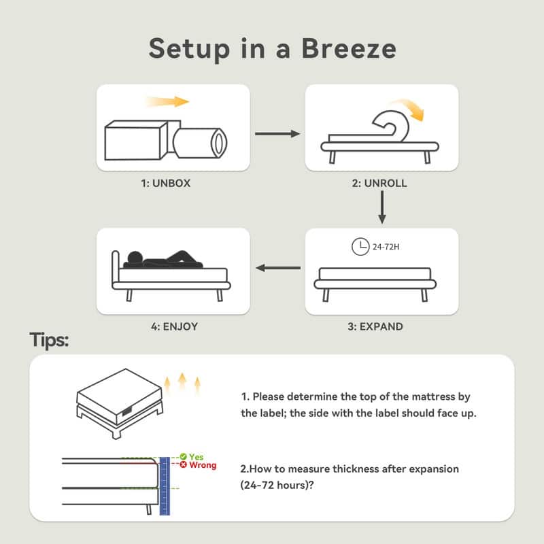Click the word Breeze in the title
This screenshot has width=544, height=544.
coord(349,48)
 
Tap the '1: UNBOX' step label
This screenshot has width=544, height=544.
coord(166,183)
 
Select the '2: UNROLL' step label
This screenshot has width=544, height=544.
coord(379,183)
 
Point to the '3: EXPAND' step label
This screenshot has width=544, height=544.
coord(375,326)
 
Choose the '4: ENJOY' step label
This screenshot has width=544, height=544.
coord(175,326)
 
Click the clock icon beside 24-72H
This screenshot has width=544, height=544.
coord(360,247)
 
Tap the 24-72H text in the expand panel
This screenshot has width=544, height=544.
coord(386,247)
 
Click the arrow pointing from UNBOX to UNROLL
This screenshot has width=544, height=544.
coord(277,133)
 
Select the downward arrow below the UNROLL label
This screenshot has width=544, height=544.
coord(382,207)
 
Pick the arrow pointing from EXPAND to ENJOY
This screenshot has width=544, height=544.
coord(278,268)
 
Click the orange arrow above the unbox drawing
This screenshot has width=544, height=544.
coord(167,101)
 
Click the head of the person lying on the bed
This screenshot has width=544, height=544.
coord(135,258)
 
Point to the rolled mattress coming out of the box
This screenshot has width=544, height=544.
coord(200,143)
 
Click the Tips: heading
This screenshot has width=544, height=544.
coord(49,339)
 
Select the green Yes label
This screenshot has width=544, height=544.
coord(197,456)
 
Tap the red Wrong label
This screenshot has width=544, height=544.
coord(203,465)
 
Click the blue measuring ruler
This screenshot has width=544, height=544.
coord(165,486)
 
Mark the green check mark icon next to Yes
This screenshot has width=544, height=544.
coord(184,456)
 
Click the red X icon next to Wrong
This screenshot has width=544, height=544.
coord(184,464)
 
